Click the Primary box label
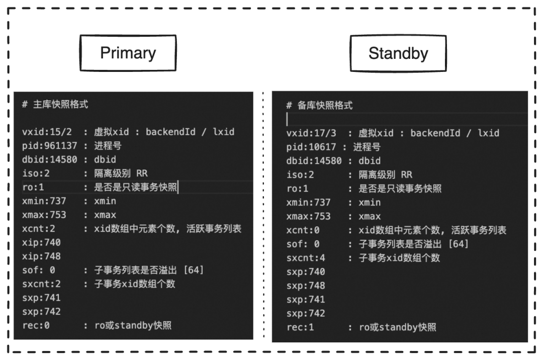pos(128,53)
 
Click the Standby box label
pos(398,53)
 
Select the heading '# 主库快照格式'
pos(55,105)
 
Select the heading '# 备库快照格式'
pos(319,106)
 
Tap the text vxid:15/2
pos(47,132)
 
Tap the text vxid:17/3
pos(311,133)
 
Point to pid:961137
pos(50,146)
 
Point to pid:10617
pos(311,147)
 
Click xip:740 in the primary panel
pos(41,243)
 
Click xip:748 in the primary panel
pos(41,256)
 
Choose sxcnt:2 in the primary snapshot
pos(44,284)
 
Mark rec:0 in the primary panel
pos(36,325)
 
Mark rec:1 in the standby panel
pos(300,327)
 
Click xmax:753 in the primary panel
pos(44,215)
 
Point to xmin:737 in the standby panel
pos(308,203)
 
